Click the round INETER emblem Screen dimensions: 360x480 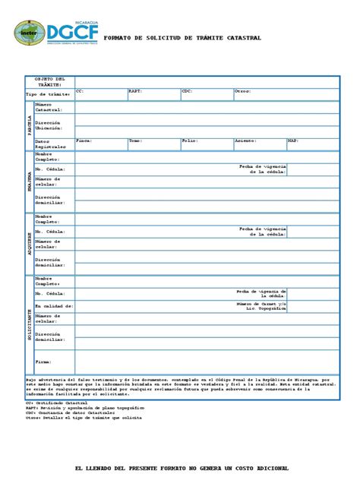click(x=29, y=33)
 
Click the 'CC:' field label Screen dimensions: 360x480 click(x=79, y=91)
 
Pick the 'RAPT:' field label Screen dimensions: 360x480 click(x=134, y=91)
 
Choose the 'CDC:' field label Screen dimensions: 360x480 click(x=187, y=91)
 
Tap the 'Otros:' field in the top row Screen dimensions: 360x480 click(x=242, y=91)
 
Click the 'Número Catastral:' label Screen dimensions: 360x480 click(x=48, y=107)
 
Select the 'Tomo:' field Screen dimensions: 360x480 click(x=135, y=141)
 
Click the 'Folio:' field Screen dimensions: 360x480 click(x=189, y=141)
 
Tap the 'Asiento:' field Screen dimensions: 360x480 click(x=245, y=141)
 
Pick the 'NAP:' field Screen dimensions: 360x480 click(x=293, y=141)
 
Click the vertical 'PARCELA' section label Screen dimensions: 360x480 click(x=30, y=125)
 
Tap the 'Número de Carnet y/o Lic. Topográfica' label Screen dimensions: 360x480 click(x=261, y=306)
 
